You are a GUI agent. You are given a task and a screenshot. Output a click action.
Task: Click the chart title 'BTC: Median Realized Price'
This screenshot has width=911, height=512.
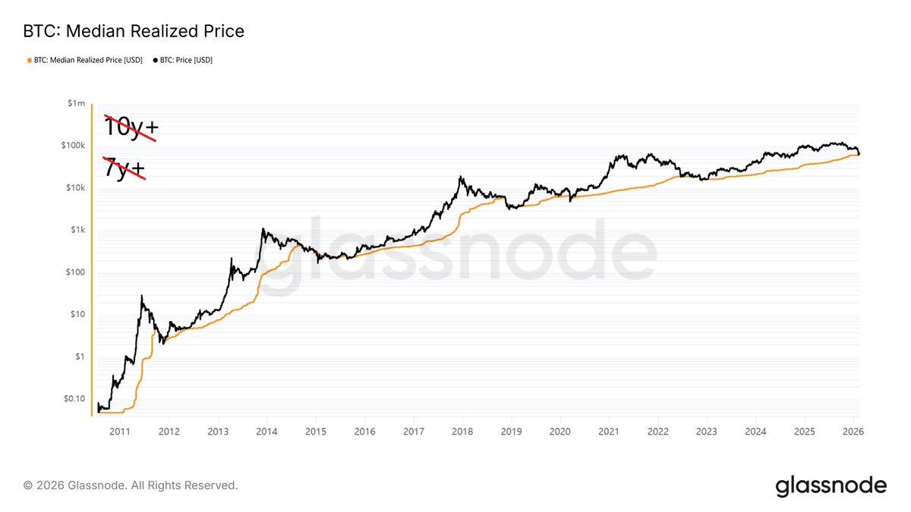click(133, 32)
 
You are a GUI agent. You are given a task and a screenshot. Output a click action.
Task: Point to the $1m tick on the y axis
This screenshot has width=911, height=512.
click(75, 103)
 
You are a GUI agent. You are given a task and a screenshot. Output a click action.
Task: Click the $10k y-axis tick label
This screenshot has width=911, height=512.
click(74, 188)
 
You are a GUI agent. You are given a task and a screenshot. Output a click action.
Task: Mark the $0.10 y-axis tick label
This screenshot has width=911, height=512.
click(73, 399)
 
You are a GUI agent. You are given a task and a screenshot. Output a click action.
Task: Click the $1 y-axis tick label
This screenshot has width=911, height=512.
click(78, 357)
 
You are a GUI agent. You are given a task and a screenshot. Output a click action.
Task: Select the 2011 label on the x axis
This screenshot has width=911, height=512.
click(120, 431)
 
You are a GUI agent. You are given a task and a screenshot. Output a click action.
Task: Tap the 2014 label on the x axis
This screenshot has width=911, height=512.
click(266, 431)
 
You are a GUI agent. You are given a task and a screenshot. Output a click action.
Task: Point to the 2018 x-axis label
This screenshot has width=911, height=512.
click(462, 431)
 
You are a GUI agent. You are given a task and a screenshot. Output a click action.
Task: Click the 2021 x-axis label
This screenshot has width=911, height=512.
click(609, 431)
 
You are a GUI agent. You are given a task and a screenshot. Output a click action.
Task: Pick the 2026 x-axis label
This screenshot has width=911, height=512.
click(853, 431)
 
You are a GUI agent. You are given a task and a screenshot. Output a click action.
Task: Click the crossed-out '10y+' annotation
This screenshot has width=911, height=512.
click(128, 127)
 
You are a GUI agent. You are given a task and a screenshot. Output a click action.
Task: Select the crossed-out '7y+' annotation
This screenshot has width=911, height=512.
click(123, 168)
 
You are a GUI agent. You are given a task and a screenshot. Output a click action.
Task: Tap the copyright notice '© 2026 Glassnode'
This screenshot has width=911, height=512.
click(131, 485)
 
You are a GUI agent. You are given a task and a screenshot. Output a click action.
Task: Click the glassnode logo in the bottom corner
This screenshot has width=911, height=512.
click(831, 485)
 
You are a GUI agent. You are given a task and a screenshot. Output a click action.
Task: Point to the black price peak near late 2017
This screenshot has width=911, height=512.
click(461, 177)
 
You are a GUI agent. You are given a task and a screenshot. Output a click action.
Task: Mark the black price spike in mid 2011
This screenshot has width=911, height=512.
click(142, 296)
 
